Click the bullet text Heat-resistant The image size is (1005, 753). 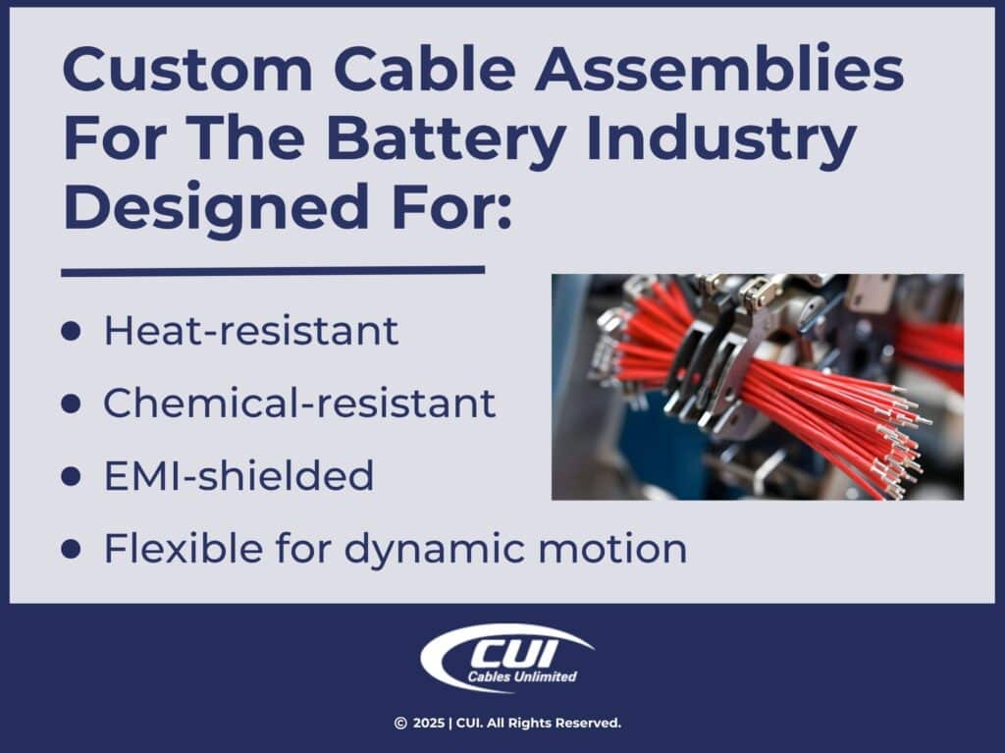(x=251, y=331)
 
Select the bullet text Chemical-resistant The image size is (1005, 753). (x=299, y=403)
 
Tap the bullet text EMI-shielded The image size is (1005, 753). (x=238, y=476)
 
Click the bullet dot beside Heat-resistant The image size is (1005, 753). (x=71, y=332)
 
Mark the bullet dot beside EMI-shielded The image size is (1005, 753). (x=71, y=477)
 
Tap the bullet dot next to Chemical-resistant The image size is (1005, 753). (x=71, y=404)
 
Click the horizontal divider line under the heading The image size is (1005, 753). (x=273, y=270)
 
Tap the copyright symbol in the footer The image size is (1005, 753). (x=399, y=724)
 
